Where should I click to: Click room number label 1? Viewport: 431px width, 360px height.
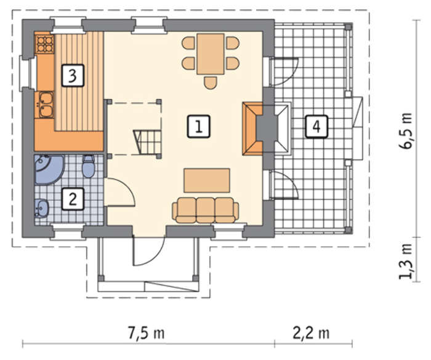[x=199, y=126]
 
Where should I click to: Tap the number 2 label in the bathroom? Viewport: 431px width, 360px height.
[x=73, y=199]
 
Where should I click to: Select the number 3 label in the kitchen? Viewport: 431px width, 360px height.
[x=73, y=76]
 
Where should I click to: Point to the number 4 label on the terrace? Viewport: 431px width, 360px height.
[x=316, y=126]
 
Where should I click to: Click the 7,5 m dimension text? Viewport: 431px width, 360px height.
[x=147, y=333]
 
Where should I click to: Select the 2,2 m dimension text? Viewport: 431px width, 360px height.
[x=311, y=333]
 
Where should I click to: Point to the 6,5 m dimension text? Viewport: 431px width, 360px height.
[x=406, y=131]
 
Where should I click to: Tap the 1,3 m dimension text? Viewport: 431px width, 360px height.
[x=406, y=262]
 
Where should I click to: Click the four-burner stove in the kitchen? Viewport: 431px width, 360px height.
[x=45, y=44]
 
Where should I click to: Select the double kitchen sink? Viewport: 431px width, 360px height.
[x=46, y=105]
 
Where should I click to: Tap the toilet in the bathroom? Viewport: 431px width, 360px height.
[x=89, y=166]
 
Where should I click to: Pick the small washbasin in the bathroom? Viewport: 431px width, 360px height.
[x=41, y=208]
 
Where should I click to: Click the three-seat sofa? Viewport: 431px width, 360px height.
[x=206, y=210]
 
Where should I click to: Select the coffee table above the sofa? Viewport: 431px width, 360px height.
[x=207, y=180]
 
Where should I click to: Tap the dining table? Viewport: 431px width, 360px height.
[x=211, y=54]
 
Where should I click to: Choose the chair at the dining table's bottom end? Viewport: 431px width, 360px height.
[x=211, y=82]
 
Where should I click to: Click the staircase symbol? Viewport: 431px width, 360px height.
[x=147, y=142]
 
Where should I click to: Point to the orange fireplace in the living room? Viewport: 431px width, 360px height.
[x=252, y=129]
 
